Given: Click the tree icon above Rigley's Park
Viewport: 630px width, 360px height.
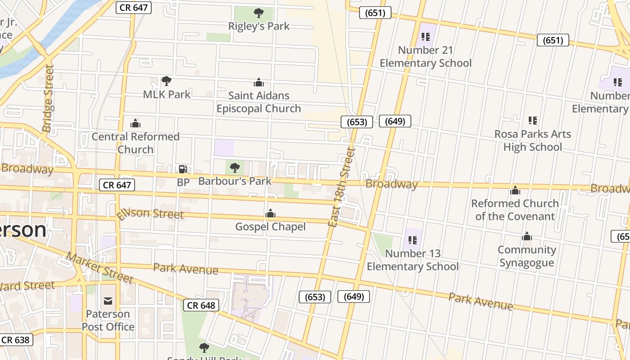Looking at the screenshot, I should pos(259,13).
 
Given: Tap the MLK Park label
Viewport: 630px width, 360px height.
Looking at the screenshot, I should pos(167,94).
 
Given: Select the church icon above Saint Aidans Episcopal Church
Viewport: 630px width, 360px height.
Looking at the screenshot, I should pos(259,82).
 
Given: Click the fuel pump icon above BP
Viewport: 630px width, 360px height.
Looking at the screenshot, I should pos(183,169).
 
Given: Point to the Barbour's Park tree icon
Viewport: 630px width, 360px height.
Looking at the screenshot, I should pos(234,168).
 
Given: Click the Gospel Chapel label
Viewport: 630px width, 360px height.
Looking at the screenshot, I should pos(270,226).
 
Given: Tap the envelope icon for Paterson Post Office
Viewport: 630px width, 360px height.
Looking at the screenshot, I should pos(108,301).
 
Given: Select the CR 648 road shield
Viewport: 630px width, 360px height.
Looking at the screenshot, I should pos(201,305).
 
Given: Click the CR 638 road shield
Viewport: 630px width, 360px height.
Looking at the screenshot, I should pos(16,340).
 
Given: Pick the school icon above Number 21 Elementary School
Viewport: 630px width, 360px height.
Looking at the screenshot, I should pos(425,37).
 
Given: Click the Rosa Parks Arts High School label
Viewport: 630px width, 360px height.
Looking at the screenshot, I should pos(532,140).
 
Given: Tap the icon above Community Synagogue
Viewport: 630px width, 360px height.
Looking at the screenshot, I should pos(527,237).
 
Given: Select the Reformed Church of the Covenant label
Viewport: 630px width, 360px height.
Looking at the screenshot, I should pos(515,210).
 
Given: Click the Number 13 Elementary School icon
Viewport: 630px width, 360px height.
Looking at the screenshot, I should pos(413,240).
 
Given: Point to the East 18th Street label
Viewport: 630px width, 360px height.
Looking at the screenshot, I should pos(341,188).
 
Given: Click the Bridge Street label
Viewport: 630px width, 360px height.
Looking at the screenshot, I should pos(48,99).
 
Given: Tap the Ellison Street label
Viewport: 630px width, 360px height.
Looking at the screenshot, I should pos(150,213).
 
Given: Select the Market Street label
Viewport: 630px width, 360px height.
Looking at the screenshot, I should pos(99,268).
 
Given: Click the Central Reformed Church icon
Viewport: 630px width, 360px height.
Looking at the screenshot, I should pos(135,123).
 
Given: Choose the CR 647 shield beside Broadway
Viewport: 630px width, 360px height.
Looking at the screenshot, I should pos(117,184).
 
